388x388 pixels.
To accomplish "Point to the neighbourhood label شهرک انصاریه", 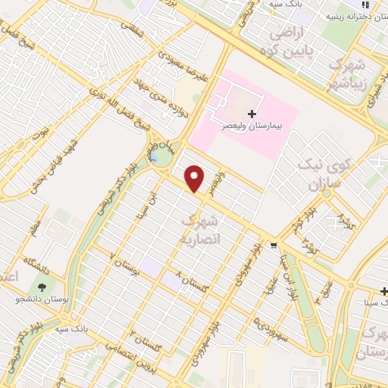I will point(200,229).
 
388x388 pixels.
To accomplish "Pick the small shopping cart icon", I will point(274,245).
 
